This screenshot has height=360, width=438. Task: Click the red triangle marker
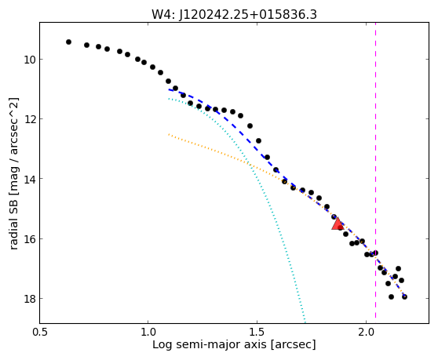point(338,224)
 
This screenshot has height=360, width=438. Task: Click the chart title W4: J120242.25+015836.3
point(234,15)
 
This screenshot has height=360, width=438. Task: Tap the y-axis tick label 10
point(29,60)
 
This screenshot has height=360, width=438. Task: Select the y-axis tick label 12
point(29,119)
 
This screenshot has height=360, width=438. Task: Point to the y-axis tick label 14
point(29,179)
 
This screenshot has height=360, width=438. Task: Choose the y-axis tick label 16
point(29,239)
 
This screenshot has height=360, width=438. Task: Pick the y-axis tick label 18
point(29,299)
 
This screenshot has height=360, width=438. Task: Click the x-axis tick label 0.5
point(40,333)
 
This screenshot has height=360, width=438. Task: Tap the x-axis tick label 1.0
point(148,333)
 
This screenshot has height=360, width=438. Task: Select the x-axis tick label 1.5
point(257,333)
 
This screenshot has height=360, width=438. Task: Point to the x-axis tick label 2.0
point(366,333)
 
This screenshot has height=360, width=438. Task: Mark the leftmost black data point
point(69,42)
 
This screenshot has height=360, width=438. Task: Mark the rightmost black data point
point(404,296)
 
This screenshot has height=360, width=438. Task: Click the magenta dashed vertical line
point(375,170)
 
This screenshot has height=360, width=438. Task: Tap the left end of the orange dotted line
point(169,135)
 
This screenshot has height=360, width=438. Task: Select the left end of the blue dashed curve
point(169,89)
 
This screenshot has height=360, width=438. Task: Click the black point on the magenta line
point(376,253)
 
